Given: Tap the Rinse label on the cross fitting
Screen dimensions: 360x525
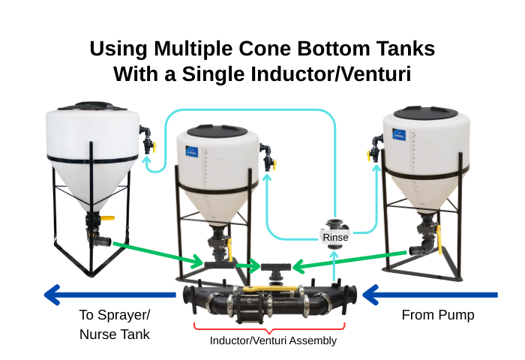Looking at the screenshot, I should click(335, 237).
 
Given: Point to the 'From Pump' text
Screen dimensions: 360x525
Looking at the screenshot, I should click(438, 315).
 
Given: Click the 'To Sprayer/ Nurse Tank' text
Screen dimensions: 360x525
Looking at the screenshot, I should click(115, 325).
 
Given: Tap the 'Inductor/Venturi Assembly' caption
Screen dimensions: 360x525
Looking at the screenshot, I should click(273, 340).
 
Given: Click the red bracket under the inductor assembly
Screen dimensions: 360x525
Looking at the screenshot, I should click(269, 327).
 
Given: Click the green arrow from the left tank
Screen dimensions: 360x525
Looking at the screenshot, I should click(157, 253).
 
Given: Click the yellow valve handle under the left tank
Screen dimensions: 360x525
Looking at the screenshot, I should click(106, 218).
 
